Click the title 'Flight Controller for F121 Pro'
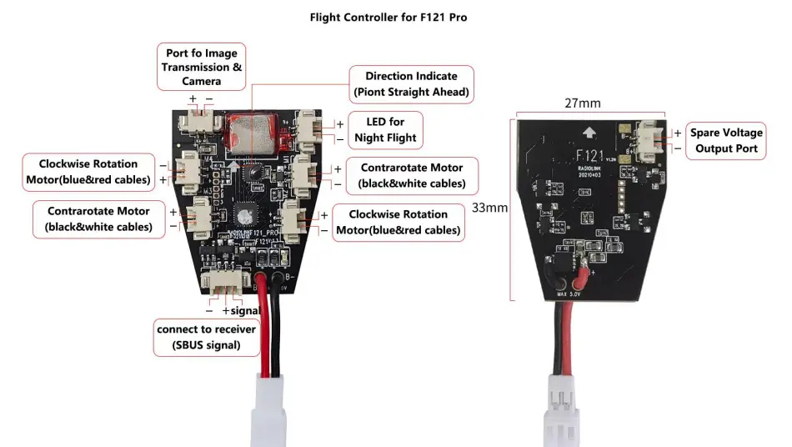click(388, 17)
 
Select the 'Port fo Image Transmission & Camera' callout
click(202, 68)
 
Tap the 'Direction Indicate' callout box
click(411, 84)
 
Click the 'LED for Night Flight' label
click(385, 130)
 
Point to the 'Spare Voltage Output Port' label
click(725, 141)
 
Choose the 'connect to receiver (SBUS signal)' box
click(207, 337)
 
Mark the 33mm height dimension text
click(489, 208)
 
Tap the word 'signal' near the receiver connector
click(247, 311)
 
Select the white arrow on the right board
click(590, 131)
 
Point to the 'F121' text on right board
click(590, 155)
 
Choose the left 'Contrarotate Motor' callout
click(98, 218)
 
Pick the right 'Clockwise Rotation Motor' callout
click(398, 223)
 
